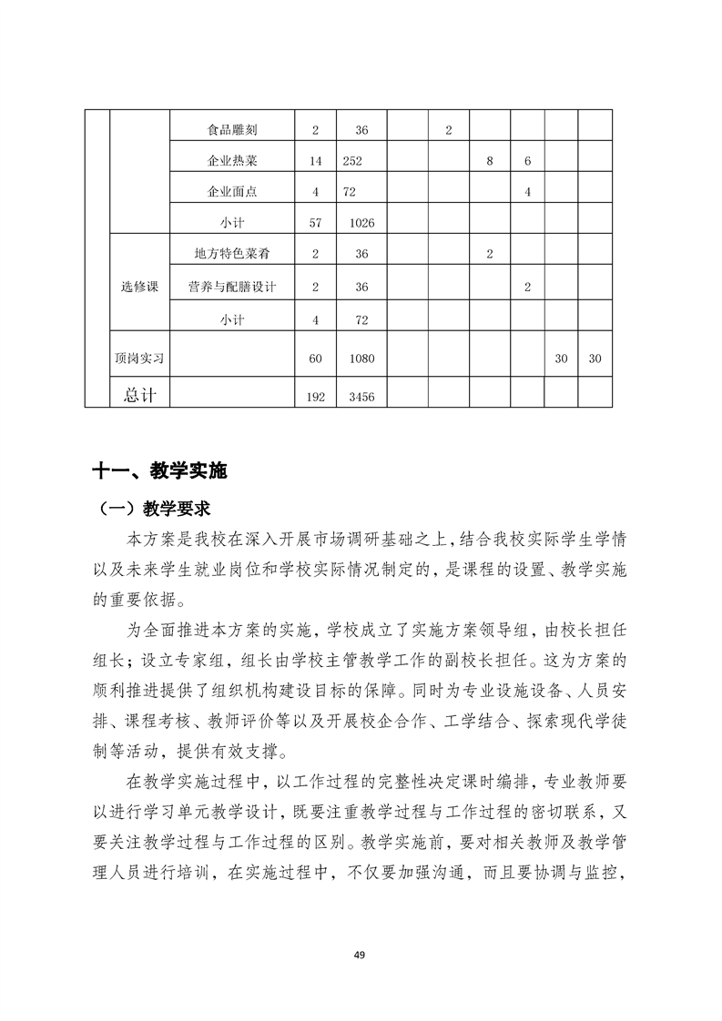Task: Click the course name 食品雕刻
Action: point(232,130)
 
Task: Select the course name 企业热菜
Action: point(232,161)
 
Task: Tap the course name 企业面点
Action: point(232,192)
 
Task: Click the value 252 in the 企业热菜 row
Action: point(354,161)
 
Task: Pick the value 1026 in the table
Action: point(361,222)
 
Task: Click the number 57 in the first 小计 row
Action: point(315,222)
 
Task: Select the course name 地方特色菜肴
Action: point(232,254)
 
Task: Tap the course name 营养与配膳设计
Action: point(232,287)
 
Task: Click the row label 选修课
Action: point(139,287)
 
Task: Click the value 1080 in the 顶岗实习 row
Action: point(361,359)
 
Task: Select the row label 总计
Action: point(139,394)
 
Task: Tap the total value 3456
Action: point(361,396)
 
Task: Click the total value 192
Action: point(315,396)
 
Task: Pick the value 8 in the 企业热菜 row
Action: point(490,161)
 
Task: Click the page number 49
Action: point(360,955)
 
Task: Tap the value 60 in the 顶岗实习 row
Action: point(315,359)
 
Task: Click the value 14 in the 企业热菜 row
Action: point(315,161)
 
